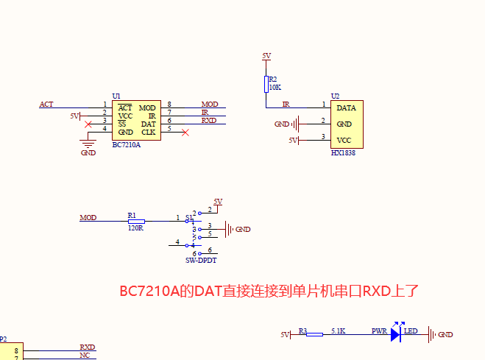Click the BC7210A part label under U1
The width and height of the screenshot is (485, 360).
(x=126, y=145)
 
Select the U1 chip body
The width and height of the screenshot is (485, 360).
(x=135, y=120)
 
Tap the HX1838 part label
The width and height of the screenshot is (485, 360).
(x=344, y=153)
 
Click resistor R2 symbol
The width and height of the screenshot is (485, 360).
(x=266, y=83)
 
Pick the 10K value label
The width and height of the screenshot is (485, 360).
(x=275, y=87)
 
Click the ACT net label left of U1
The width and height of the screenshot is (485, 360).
(x=46, y=105)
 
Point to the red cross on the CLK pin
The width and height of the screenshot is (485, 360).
(x=185, y=133)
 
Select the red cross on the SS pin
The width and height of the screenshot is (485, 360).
(x=89, y=124)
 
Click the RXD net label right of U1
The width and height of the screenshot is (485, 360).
(x=208, y=120)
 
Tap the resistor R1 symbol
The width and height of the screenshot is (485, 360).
(x=136, y=221)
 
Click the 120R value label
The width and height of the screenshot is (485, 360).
(x=135, y=228)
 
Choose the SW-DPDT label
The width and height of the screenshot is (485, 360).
(x=201, y=261)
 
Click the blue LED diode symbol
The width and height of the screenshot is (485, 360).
(x=395, y=334)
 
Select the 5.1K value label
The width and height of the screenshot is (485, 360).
(x=339, y=331)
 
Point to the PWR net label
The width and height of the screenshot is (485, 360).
(x=379, y=331)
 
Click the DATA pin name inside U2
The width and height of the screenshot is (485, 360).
(x=346, y=108)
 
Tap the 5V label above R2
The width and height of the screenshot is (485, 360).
(x=266, y=56)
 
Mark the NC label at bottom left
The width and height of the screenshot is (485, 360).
(x=85, y=355)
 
